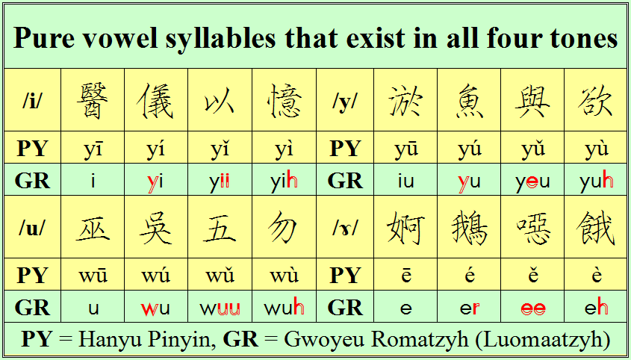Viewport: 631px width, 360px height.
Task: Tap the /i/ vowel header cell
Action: tap(33, 100)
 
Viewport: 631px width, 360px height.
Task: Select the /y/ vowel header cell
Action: tap(345, 100)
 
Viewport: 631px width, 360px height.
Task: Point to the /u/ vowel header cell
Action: tap(33, 227)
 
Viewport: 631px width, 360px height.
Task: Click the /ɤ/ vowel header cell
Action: tap(345, 227)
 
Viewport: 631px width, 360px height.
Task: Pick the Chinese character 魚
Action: tap(469, 101)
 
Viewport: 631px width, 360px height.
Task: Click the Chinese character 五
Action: tap(220, 228)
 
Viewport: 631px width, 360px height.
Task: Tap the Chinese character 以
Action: tap(220, 102)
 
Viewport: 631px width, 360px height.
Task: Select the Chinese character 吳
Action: tap(156, 228)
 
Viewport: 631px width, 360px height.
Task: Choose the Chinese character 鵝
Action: tap(469, 228)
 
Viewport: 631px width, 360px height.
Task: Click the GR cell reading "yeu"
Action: tap(532, 179)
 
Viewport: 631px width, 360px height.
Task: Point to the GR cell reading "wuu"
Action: tap(220, 307)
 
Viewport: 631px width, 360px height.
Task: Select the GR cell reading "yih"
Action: tap(284, 179)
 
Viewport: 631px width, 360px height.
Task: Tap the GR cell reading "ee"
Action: tap(532, 307)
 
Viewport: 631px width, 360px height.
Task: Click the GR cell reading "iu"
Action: tap(405, 179)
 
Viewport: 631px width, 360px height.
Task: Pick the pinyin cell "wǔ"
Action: tap(220, 275)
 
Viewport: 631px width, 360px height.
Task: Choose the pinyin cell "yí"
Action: tap(156, 148)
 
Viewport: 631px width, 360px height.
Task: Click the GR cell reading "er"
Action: tap(469, 307)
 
